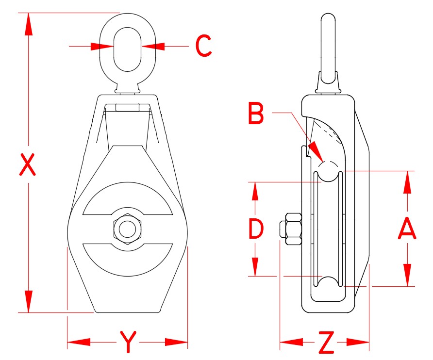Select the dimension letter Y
127,343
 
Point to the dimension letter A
407,229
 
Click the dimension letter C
203,47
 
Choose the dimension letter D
255,229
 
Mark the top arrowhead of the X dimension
29,24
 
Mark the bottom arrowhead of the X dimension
29,301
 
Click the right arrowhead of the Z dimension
360,343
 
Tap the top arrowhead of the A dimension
407,182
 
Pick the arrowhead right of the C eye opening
153,47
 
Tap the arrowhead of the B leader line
316,151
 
